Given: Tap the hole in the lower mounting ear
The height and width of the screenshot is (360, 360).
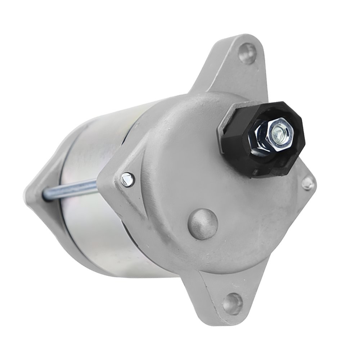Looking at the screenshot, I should pos(232,303).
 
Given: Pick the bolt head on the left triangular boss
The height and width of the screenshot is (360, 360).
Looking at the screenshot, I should pos(127,179).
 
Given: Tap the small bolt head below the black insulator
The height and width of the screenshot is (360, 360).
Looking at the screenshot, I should pos(308,184).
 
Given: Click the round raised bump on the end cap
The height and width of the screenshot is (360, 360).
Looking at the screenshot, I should pos(203,224).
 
